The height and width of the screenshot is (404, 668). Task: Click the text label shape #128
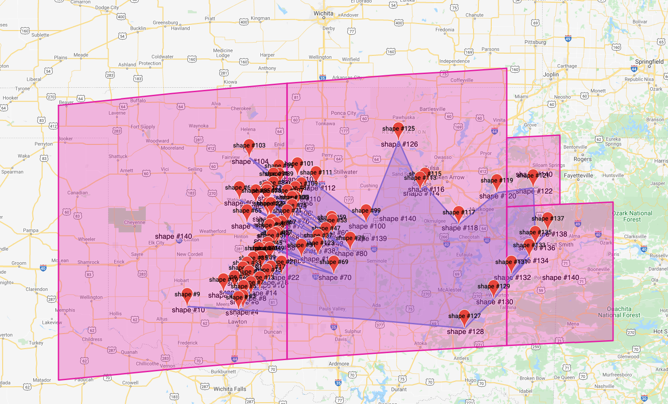465,332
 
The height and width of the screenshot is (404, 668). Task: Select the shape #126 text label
399,144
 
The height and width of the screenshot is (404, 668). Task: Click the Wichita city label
323,13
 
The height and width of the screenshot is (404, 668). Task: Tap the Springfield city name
649,62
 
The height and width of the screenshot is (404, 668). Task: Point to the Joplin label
551,74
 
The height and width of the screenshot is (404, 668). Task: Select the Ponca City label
343,113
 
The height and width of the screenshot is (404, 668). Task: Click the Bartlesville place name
432,109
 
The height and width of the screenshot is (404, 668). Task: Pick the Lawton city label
237,322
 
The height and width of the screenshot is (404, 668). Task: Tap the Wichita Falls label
229,389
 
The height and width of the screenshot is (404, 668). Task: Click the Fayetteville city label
578,175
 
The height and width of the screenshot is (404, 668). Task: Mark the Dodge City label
107,8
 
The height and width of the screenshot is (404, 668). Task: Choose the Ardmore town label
338,364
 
